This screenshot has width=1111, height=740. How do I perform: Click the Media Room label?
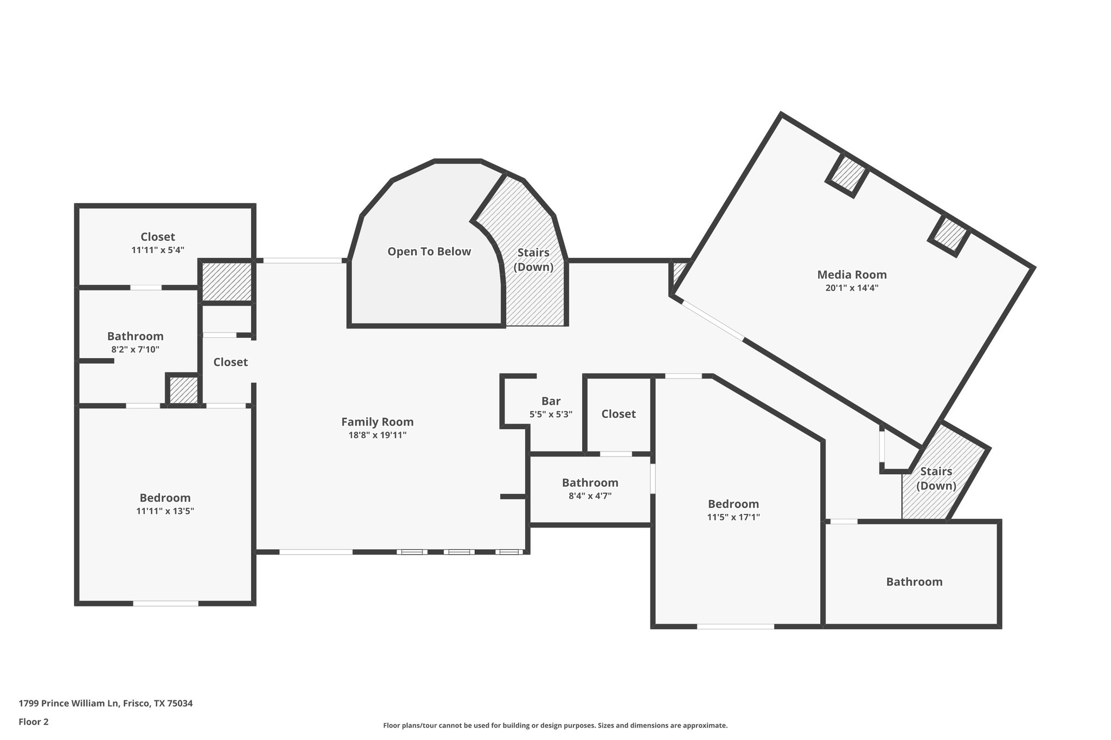coord(852,275)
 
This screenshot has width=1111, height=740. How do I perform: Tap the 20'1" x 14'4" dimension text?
coord(852,288)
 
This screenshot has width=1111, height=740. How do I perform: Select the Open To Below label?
coord(429,252)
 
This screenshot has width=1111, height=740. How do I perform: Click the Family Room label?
coord(377,422)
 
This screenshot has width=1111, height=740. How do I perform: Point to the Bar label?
coord(551,401)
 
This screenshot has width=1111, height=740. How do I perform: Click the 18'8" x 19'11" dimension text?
coord(377,435)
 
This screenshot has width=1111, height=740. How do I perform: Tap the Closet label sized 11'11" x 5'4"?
coord(158,237)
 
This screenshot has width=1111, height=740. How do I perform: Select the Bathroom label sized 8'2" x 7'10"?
coord(135,336)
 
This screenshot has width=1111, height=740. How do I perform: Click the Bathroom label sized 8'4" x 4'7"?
coord(590,482)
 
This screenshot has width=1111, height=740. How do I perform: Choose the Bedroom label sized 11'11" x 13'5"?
coord(165,498)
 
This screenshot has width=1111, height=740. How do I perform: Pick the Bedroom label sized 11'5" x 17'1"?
coord(733,504)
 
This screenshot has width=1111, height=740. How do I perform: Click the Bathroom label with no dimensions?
coord(914,582)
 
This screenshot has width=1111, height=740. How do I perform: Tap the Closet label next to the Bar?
coord(618,414)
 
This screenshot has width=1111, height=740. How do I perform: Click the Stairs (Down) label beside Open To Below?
coord(533,260)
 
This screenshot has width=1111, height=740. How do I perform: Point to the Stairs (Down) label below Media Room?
coord(936,478)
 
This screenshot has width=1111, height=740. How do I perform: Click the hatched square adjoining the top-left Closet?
coord(227,281)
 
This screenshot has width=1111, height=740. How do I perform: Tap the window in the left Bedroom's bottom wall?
coord(165,603)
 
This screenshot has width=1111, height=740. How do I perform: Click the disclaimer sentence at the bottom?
coord(555,725)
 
